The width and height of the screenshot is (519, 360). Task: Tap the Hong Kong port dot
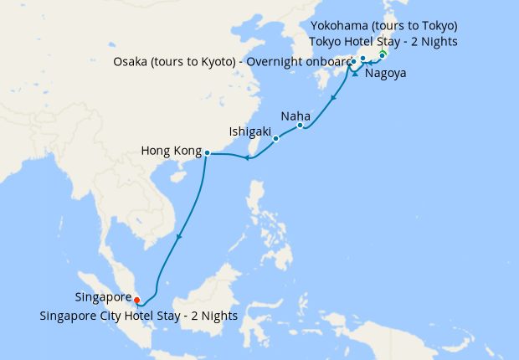207,152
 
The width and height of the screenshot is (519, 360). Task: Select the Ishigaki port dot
275,139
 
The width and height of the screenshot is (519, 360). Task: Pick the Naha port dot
300,126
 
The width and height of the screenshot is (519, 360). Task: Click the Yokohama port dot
383,55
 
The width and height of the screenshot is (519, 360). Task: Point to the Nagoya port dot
363,59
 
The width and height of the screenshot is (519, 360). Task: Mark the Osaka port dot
353,61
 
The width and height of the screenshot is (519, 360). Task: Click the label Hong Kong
172,152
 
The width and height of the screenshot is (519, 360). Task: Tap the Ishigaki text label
250,131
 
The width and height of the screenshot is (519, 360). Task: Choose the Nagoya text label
386,74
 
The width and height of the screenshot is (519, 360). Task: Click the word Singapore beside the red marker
103,297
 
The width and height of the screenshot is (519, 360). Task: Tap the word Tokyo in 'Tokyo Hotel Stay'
326,41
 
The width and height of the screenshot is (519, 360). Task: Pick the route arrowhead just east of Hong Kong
247,157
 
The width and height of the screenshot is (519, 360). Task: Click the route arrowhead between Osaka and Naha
334,99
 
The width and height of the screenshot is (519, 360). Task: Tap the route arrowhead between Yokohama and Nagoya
355,75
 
